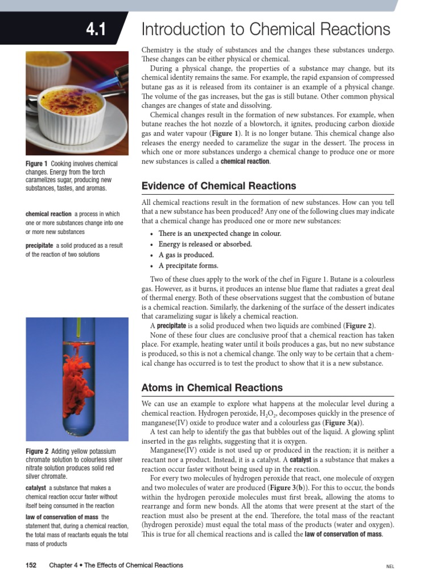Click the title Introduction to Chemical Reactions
[266, 29]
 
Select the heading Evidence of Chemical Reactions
[218, 186]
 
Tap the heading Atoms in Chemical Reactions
[212, 388]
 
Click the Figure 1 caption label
[37, 164]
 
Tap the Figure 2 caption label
[37, 451]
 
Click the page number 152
[31, 565]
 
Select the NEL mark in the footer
[390, 566]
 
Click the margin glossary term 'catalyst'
[36, 488]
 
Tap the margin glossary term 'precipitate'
[39, 245]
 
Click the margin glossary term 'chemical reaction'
[48, 214]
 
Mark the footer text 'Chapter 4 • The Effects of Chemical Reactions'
[116, 565]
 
